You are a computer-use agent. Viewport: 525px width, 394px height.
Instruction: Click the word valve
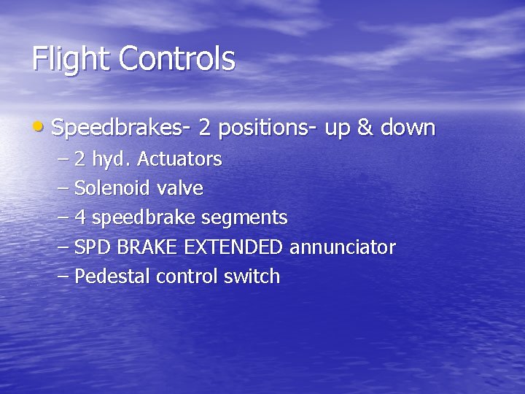pyautogui.click(x=179, y=188)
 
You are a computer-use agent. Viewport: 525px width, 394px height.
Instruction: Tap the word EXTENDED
pyautogui.click(x=233, y=247)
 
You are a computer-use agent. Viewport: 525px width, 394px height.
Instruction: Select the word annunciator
pyautogui.click(x=343, y=247)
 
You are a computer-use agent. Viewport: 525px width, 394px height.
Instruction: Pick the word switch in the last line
pyautogui.click(x=255, y=277)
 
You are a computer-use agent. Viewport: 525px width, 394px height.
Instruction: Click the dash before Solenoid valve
pyautogui.click(x=62, y=188)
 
